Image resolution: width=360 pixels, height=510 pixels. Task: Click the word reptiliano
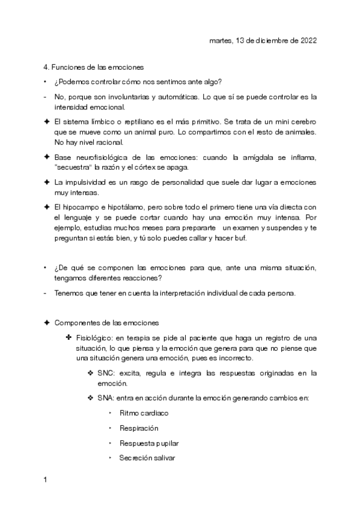point(136,121)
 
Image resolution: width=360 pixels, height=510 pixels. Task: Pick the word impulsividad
point(84,182)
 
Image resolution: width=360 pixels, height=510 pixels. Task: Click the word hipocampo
point(80,207)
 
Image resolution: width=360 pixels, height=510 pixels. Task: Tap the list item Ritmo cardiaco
point(144,413)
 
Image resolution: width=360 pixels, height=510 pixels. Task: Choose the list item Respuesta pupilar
point(149,443)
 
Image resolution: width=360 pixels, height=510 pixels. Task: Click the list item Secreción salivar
point(148,458)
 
